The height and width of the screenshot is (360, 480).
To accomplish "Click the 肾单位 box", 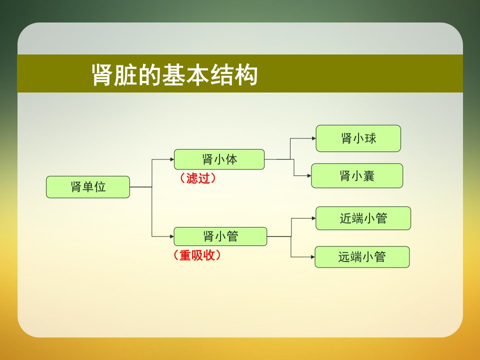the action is tap(88, 186).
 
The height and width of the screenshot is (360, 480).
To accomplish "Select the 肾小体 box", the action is tap(219, 159).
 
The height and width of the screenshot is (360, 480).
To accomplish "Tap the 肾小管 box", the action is tap(220, 236).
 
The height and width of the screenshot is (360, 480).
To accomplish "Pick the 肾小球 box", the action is tap(358, 138).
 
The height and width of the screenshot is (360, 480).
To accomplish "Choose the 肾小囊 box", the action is tap(357, 175).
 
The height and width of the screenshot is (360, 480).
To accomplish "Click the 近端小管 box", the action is tap(363, 218).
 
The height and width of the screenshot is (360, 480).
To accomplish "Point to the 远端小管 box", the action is tap(362, 257).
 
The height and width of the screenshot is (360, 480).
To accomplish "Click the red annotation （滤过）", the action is tap(198, 178).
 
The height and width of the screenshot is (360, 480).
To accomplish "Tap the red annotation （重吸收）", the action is tap(197, 255).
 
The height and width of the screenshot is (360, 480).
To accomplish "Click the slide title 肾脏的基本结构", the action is tap(174, 74).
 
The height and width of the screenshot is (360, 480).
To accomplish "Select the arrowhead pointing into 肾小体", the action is tap(172, 159).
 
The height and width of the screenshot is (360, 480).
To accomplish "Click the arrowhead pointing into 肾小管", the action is tap(172, 236).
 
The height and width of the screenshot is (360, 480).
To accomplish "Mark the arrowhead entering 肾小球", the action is tap(314, 138).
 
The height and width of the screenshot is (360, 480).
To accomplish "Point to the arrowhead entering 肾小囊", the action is tap(309, 175).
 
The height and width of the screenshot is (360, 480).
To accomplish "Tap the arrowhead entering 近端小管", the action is tap(313, 218).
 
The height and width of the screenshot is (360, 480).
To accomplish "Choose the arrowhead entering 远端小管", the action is tap(313, 257).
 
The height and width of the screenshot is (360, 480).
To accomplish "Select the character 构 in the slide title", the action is tap(246, 74).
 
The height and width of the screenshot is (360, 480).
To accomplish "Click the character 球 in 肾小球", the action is tap(370, 138).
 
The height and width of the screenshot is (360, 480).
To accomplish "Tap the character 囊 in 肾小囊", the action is tap(368, 176).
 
